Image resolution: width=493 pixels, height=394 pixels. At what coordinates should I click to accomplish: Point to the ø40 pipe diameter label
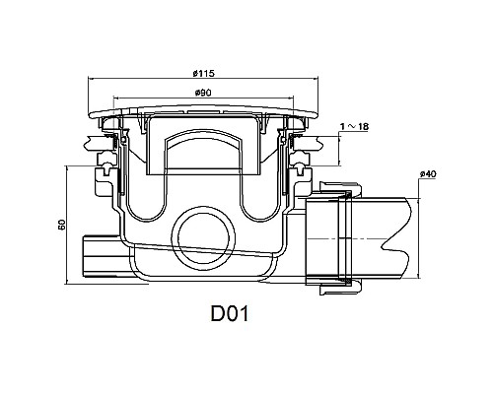coord(427,174)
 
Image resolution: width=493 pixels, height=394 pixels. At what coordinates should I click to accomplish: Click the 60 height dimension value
coord(61,226)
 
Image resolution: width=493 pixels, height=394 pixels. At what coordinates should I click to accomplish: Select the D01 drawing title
coord(228,315)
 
